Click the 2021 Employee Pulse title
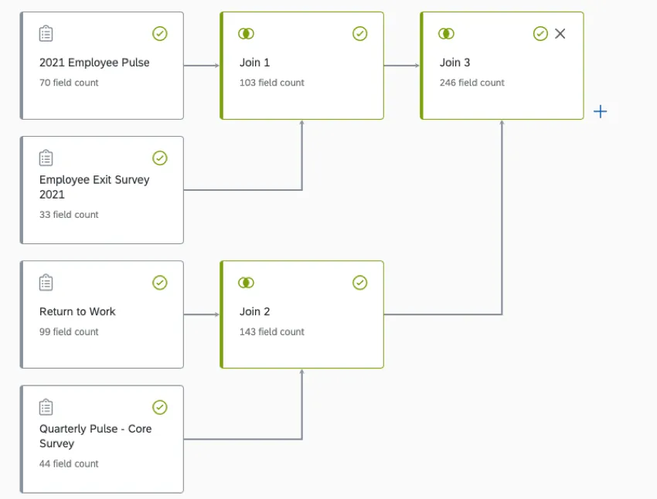pos(94,63)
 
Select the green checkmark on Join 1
pos(359,33)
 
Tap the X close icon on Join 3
pos(560,33)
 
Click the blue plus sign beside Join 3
pos(600,112)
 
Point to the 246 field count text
pos(471,83)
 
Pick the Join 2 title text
pos(255,311)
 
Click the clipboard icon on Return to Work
pos(46,283)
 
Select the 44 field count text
pos(69,463)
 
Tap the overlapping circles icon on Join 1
pos(247,33)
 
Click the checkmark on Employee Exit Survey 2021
pos(159,158)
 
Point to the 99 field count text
pos(69,331)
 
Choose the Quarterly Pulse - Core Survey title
pos(95,436)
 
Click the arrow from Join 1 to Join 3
pos(402,66)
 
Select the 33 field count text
pos(69,215)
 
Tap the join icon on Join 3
pos(446,33)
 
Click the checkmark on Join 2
pos(359,283)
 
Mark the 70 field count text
pos(69,83)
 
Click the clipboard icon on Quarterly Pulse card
pos(46,407)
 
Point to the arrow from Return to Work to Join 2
pos(202,314)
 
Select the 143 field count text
pos(271,331)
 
